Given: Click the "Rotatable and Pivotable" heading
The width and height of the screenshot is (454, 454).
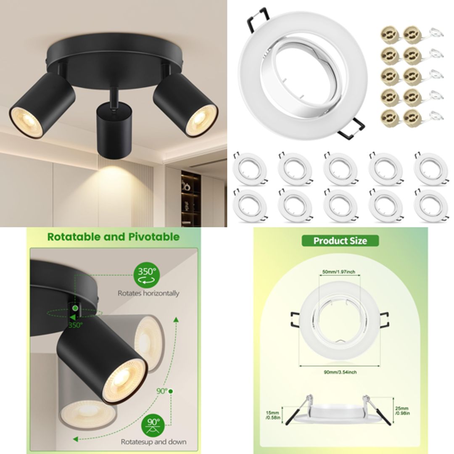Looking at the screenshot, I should click(113, 237).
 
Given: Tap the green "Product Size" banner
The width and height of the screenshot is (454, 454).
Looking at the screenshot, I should click(340, 241).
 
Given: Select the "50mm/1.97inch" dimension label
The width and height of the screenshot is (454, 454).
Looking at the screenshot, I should click(338, 272).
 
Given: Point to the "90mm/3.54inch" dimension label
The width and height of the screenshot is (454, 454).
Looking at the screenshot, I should click(341, 372).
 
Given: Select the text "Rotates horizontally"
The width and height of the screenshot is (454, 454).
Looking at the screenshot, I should click(148, 293).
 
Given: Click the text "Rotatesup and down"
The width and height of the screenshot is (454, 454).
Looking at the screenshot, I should click(153, 442).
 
